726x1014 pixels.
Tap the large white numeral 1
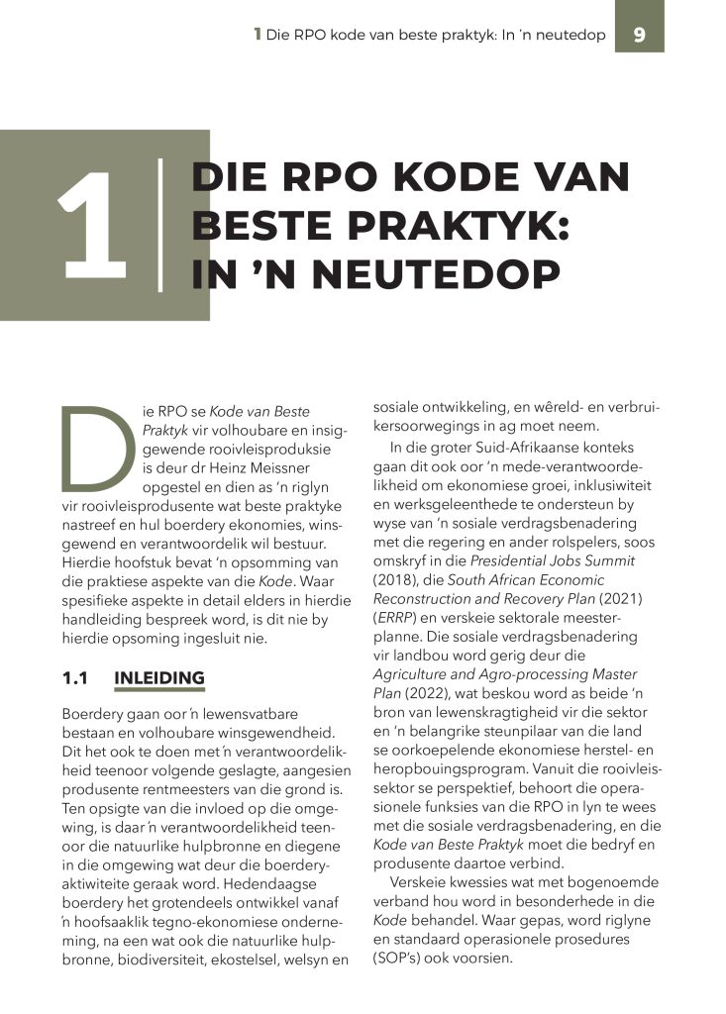[x=93, y=226]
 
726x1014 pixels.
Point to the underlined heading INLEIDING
[x=159, y=678]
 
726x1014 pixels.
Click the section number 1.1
[x=75, y=678]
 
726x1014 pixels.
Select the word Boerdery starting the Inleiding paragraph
[x=94, y=713]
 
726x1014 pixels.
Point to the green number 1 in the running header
[x=258, y=35]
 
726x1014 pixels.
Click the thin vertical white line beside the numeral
[x=159, y=226]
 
